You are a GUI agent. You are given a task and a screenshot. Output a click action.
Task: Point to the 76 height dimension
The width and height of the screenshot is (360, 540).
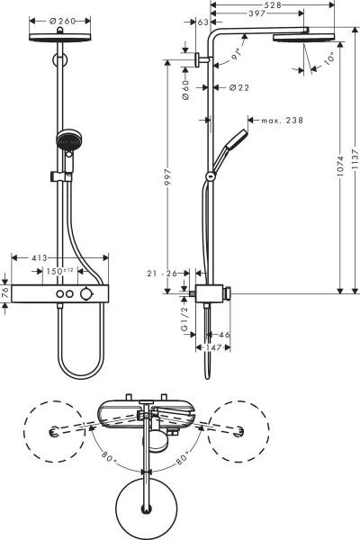[6, 293]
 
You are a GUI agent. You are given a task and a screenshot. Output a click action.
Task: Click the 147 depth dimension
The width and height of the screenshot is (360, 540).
[210, 347]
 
